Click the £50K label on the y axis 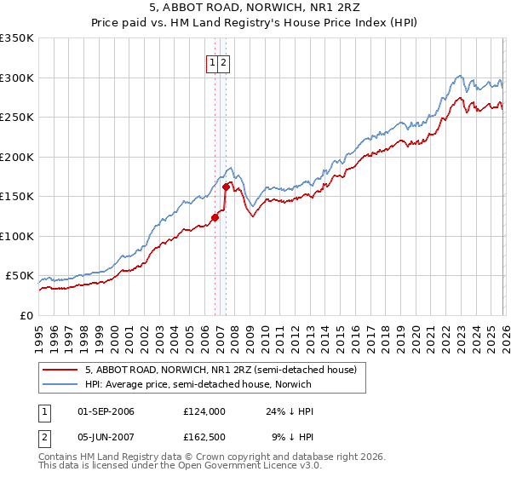(20, 276)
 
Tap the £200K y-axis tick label (17, 157)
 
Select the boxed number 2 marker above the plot (223, 62)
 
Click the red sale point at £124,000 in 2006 (215, 217)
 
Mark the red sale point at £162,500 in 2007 (226, 187)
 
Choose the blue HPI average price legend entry (198, 384)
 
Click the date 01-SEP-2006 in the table (106, 411)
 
